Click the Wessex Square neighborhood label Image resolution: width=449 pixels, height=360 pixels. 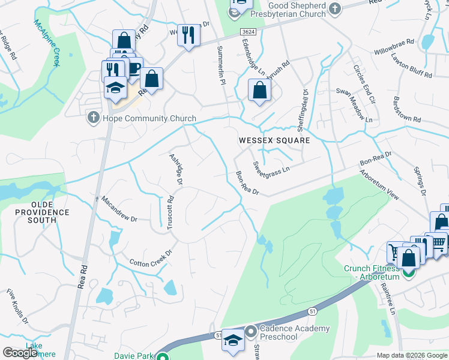click(274, 140)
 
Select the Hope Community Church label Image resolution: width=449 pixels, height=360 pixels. click(142, 118)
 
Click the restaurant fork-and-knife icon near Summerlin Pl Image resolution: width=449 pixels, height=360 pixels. click(188, 36)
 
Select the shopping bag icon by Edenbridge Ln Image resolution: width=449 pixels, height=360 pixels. click(259, 91)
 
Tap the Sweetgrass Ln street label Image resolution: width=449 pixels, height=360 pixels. click(271, 166)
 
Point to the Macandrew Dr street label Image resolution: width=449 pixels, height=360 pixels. click(119, 209)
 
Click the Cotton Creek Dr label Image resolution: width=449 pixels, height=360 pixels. click(151, 259)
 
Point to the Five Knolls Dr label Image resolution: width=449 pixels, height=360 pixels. click(17, 306)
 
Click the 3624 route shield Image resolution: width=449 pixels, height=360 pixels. click(247, 31)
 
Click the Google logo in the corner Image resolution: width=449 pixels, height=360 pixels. click(20, 353)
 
